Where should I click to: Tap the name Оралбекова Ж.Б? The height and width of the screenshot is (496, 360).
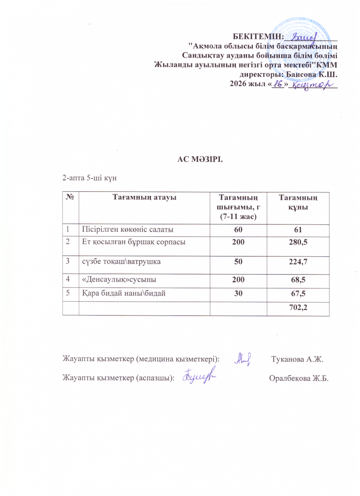point(298,378)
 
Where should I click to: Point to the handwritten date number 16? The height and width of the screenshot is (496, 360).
point(278,85)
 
